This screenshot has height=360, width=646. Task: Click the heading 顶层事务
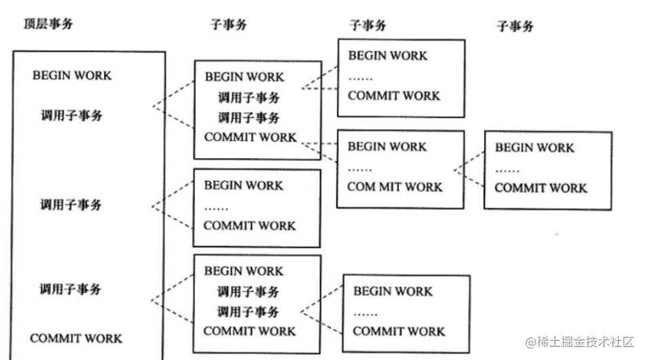pos(48,24)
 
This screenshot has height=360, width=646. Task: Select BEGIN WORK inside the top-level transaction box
pos(71,75)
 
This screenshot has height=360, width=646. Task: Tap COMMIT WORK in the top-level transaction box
pos(76,338)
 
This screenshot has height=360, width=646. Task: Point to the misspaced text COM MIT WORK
pos(395,187)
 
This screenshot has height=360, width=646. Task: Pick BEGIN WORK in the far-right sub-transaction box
pos(534,147)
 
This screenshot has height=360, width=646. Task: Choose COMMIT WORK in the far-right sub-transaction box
pos(541,187)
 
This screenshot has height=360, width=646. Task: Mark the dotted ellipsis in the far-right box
pos(507,170)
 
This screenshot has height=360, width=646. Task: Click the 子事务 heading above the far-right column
pos(515,26)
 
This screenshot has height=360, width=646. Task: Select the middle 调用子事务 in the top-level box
pos(71,204)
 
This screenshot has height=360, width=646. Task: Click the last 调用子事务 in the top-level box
pos(71,289)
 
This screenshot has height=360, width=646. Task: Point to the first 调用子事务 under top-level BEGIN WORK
pos(72,115)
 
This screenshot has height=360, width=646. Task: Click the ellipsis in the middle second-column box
pos(216,207)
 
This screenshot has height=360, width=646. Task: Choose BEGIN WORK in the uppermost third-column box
pos(388,56)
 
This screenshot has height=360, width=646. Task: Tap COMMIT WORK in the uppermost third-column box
pos(394,96)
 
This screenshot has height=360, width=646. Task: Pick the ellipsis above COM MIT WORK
pos(360,168)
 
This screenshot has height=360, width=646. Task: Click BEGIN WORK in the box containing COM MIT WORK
pos(387,147)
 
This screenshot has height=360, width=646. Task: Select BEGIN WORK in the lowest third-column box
pos(393,291)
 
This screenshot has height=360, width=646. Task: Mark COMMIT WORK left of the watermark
pos(399,331)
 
